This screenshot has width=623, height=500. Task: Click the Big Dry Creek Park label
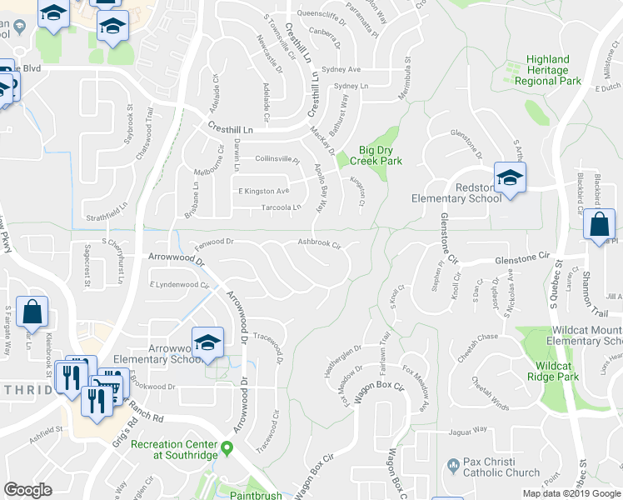(x=376, y=154)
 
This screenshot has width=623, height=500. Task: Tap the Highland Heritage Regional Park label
(x=548, y=71)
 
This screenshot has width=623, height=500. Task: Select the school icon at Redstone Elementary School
(x=510, y=177)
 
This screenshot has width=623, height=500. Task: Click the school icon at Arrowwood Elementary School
(x=207, y=342)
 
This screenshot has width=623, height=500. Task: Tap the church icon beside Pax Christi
(x=452, y=464)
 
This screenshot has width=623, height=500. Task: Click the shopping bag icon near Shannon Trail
(x=599, y=224)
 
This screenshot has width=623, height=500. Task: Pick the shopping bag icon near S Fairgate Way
(x=30, y=312)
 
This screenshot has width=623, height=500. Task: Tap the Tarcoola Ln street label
(x=281, y=207)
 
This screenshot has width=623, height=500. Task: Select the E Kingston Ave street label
(x=263, y=191)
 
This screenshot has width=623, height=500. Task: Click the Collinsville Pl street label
(x=277, y=158)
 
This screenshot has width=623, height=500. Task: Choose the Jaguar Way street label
(x=467, y=430)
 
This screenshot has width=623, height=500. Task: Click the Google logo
(x=28, y=490)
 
